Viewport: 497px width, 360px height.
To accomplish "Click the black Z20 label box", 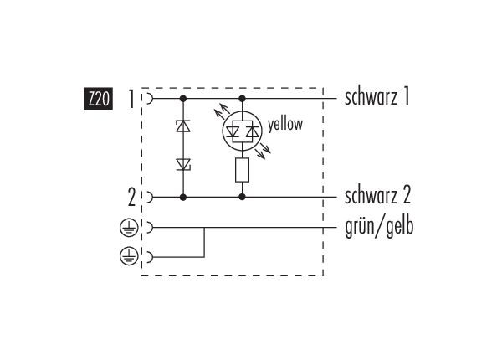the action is [x=98, y=99].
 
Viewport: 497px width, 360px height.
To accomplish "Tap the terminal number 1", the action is [x=131, y=99].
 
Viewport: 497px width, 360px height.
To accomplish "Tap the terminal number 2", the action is [x=131, y=198].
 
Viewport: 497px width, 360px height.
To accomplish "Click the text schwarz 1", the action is [x=377, y=97].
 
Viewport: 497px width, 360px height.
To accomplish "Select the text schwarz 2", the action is [x=377, y=195].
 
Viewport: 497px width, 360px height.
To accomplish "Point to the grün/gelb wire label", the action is [x=379, y=227].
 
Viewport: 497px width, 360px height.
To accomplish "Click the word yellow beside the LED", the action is [x=285, y=124].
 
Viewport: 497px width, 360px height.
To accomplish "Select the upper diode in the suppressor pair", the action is [x=183, y=126].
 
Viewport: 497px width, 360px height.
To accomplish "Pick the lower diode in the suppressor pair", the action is [x=183, y=165].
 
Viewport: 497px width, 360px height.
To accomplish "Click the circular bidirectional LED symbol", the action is [x=242, y=131].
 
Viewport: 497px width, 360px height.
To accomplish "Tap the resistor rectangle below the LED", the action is [x=242, y=170].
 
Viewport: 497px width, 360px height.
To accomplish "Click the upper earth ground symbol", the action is [x=129, y=228].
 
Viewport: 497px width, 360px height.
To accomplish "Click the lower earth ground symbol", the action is [x=129, y=256].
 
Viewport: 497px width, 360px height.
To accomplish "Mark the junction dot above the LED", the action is [x=242, y=99].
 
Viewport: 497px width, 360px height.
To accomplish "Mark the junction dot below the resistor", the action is [x=242, y=197].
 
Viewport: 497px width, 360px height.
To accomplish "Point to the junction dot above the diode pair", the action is [x=183, y=99].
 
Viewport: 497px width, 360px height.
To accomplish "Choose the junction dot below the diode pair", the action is [x=183, y=198].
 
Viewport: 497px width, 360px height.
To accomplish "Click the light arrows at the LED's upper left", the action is [x=222, y=111].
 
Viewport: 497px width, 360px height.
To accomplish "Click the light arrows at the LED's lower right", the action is [x=263, y=151].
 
